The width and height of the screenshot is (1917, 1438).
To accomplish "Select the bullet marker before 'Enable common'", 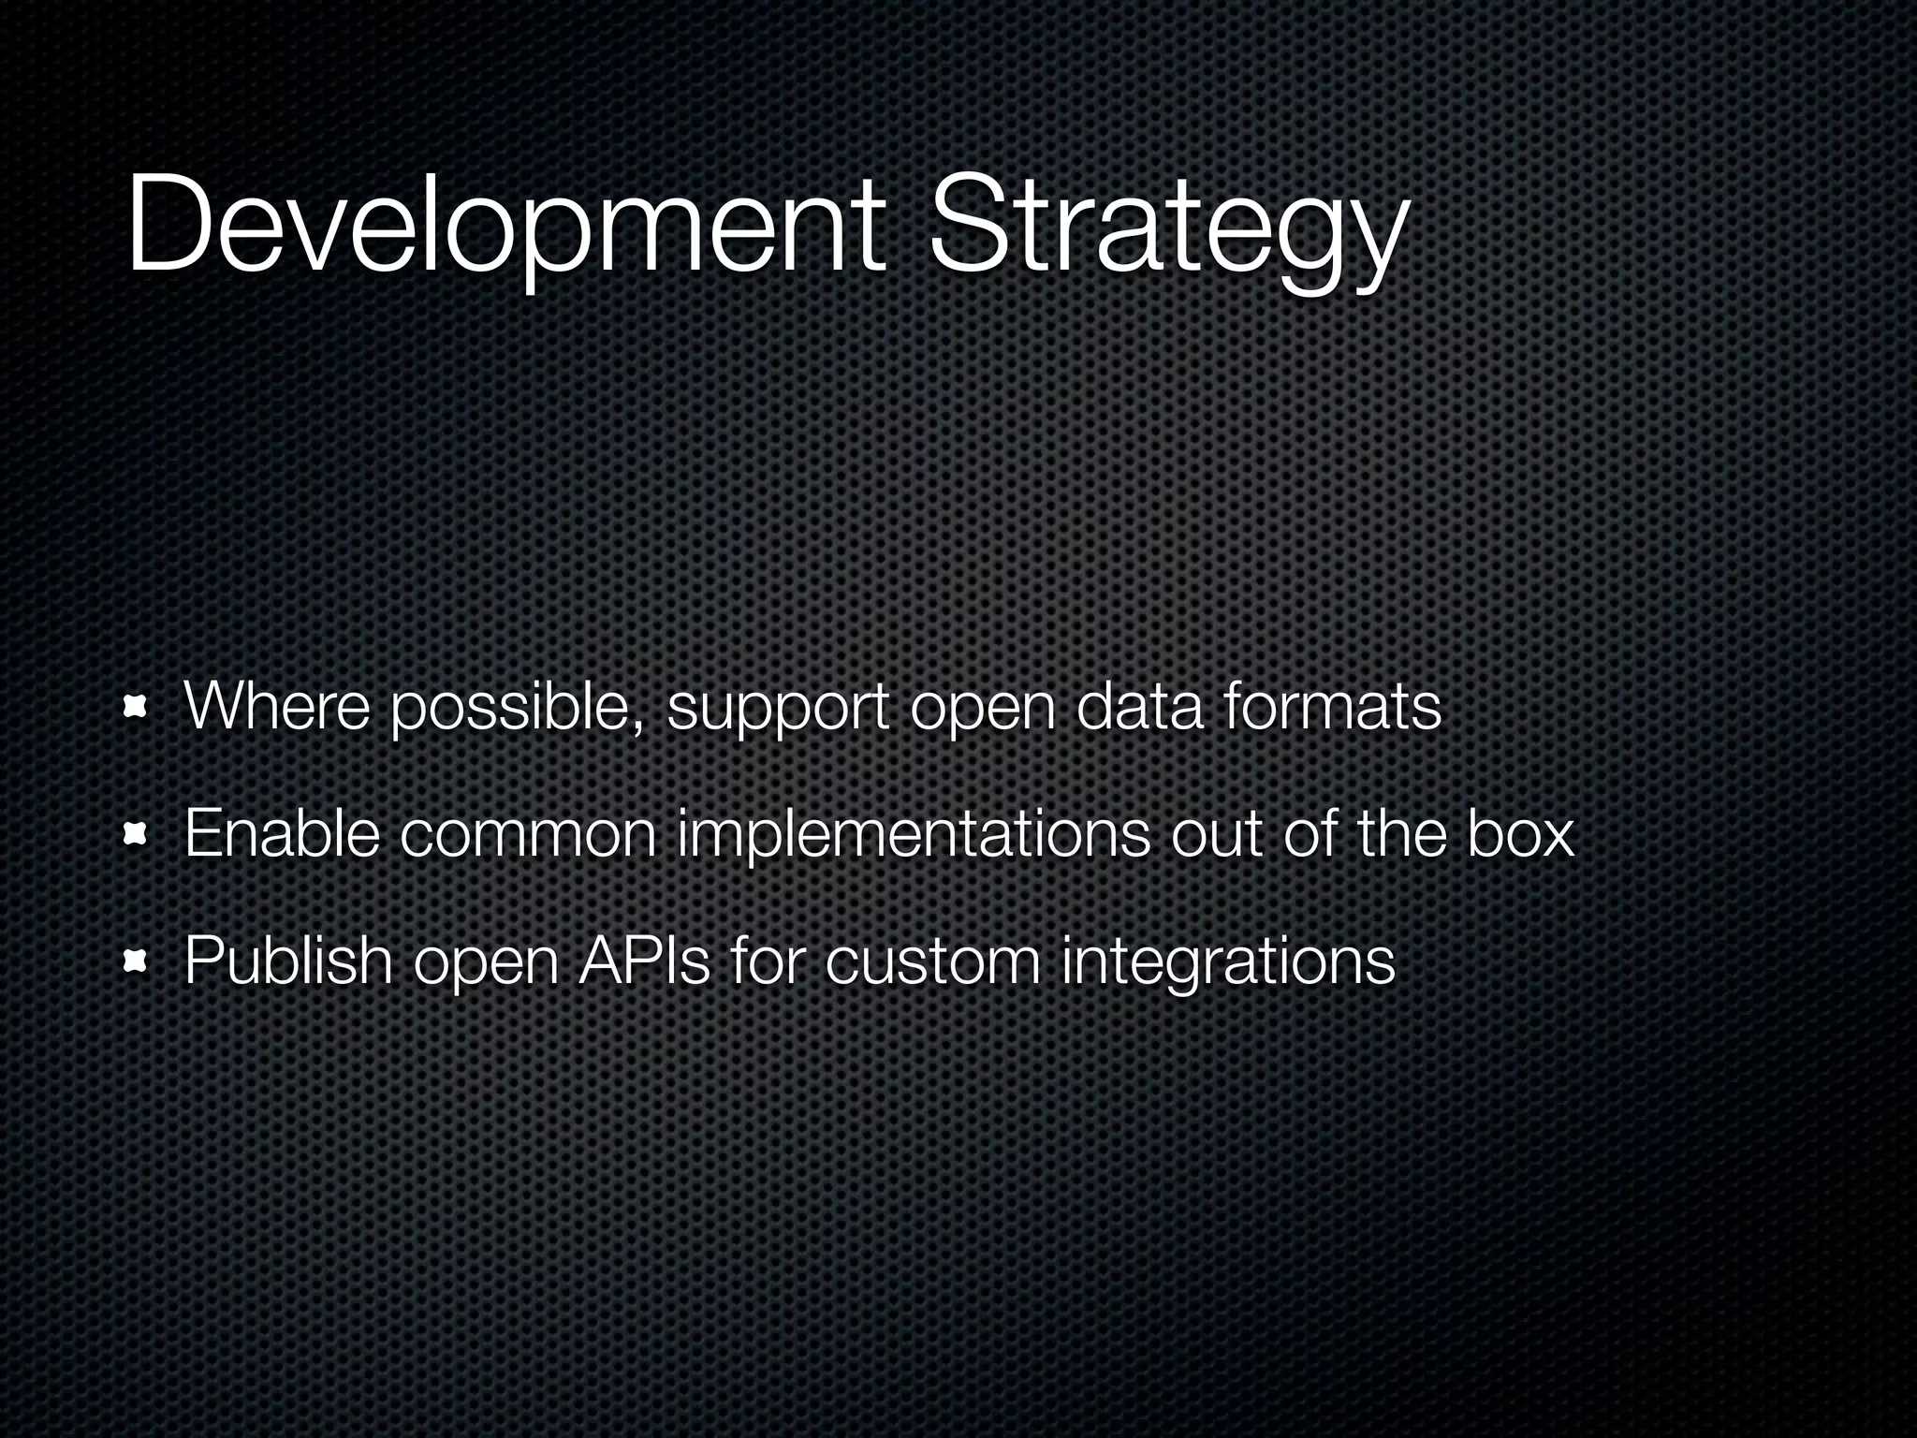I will coord(138,833).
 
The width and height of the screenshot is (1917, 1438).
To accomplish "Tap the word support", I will coord(777,712).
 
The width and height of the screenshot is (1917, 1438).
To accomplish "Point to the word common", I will coord(529,835).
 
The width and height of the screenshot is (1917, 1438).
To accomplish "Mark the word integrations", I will coord(1228,962).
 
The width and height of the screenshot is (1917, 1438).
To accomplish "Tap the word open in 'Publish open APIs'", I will coord(486,964).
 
